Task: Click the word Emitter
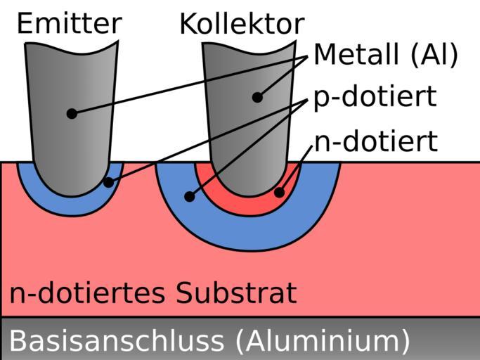point(68,23)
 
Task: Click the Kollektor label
point(241,24)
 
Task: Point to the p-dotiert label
point(375,97)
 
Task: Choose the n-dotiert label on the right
point(375,141)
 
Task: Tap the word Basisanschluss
point(116,340)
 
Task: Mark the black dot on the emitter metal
point(72,113)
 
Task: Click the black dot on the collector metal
point(257,97)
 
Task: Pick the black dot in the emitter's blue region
point(108,183)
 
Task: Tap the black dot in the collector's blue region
point(189,197)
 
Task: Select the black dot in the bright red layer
point(279,192)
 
